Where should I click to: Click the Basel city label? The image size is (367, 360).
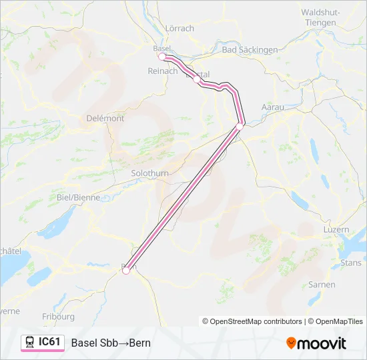pos(162,49)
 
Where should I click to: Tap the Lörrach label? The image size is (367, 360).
pos(179,28)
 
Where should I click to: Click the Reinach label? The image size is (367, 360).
pos(163,71)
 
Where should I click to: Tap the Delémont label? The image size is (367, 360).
pos(105,118)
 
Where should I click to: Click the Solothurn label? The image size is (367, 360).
pos(150,173)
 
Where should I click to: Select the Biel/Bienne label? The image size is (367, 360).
pos(79,197)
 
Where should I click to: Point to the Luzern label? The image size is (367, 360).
pos(336,229)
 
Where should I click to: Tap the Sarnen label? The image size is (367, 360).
pos(322,285)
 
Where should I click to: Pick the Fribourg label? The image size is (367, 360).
pos(58,316)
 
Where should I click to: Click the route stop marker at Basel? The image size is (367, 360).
pos(161,57)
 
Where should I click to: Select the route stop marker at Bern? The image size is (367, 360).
pos(125,270)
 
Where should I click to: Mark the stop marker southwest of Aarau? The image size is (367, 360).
pos(240,125)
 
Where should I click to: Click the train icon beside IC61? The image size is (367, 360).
pos(30,343)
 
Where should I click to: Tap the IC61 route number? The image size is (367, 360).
pos(49,342)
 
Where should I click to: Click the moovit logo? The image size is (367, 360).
pos(316,343)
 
